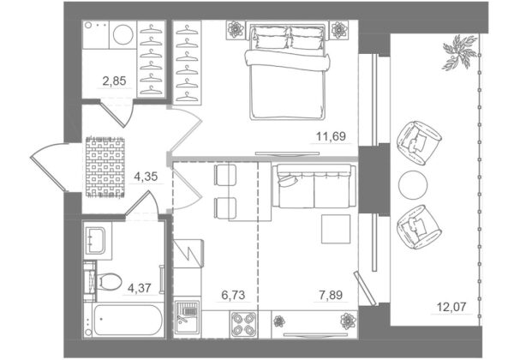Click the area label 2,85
coord(114,81)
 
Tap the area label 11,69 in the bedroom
coord(331,136)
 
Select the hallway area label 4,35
coord(146,177)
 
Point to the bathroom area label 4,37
coord(140,288)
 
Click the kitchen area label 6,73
coord(233,295)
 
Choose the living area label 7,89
coord(331,295)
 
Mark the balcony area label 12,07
coord(451,307)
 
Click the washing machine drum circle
coord(123,33)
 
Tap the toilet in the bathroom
coord(109,282)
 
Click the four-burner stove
coord(243,324)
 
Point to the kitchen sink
coord(187,319)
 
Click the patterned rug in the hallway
coord(105,167)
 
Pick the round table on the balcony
coord(413,185)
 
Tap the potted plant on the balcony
coord(459,51)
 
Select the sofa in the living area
coord(314,186)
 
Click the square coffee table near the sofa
coord(336,229)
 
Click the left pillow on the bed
coord(270,37)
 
